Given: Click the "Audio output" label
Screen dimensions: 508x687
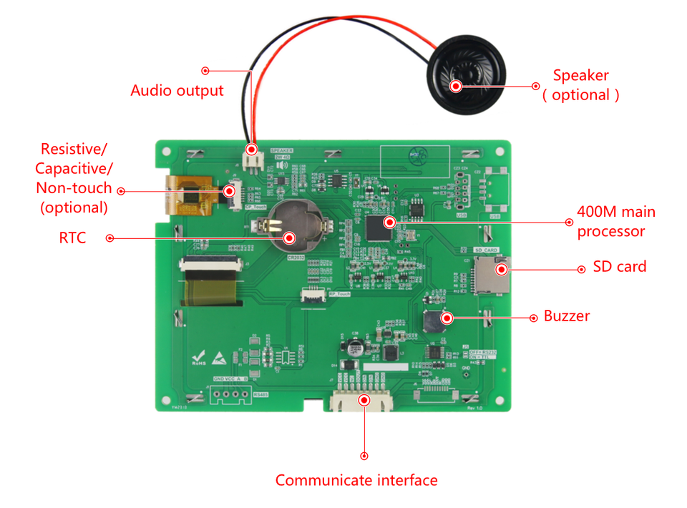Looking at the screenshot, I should coord(177,91).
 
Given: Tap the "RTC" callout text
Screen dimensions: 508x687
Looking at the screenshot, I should coord(72,238).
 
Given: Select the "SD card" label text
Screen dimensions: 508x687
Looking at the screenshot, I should coord(620,267).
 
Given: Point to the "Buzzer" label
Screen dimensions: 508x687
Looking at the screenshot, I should coord(567,316).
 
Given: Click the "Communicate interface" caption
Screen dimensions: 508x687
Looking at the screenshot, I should coord(356,480).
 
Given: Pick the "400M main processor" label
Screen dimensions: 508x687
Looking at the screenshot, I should coord(616,222).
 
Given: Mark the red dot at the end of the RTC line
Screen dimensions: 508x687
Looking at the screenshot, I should coord(109,238).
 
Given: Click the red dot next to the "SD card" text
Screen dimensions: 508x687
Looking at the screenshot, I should coord(581,270).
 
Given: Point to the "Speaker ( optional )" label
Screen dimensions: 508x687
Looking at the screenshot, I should coord(580,85).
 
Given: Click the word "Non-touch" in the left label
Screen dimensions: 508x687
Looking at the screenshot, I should coord(74,188).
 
